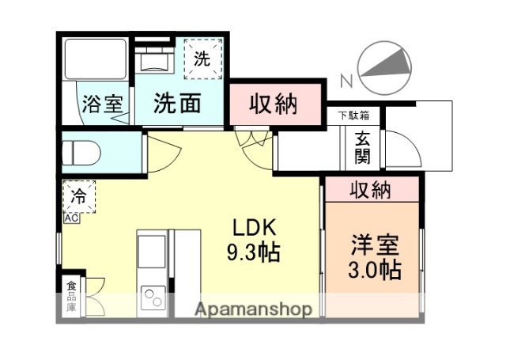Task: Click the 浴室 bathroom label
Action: (x=103, y=103)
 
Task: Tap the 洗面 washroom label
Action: (x=176, y=103)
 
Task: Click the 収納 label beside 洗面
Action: (x=274, y=103)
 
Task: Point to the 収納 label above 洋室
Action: (x=371, y=190)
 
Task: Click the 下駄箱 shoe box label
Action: (x=353, y=116)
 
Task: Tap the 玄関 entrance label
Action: (x=362, y=146)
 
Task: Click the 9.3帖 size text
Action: (x=253, y=253)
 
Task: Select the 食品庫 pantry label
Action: (x=71, y=296)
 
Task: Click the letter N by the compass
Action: (x=346, y=80)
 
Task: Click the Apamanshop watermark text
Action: (x=254, y=308)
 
